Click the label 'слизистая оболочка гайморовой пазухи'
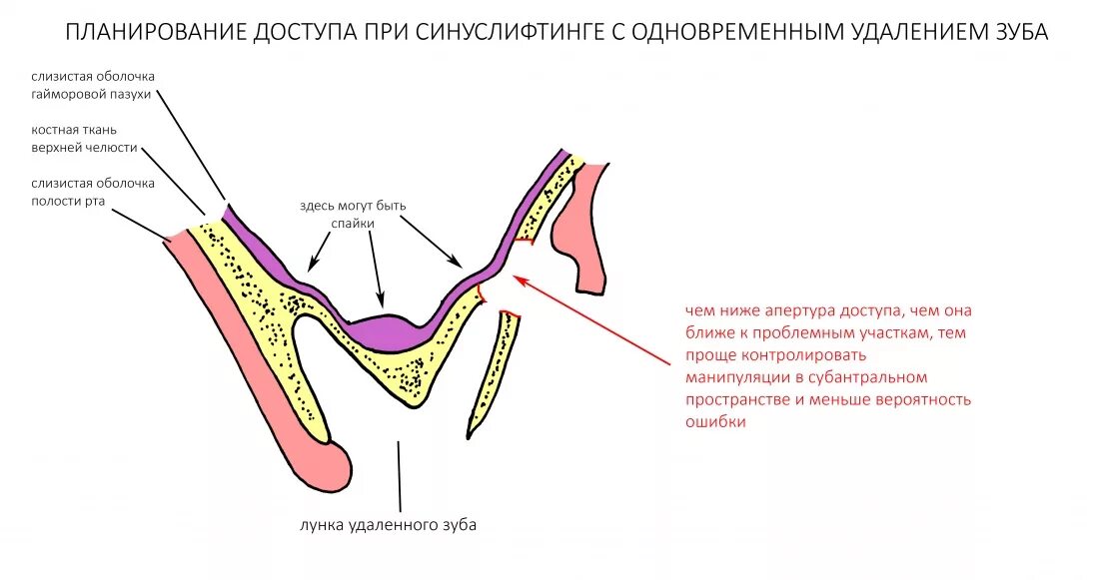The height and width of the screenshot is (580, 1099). [x=93, y=85]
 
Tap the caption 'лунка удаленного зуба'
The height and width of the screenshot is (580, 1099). [x=383, y=526]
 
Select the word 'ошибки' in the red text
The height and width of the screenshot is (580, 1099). [x=714, y=422]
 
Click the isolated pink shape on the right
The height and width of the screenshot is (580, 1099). [x=584, y=230]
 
